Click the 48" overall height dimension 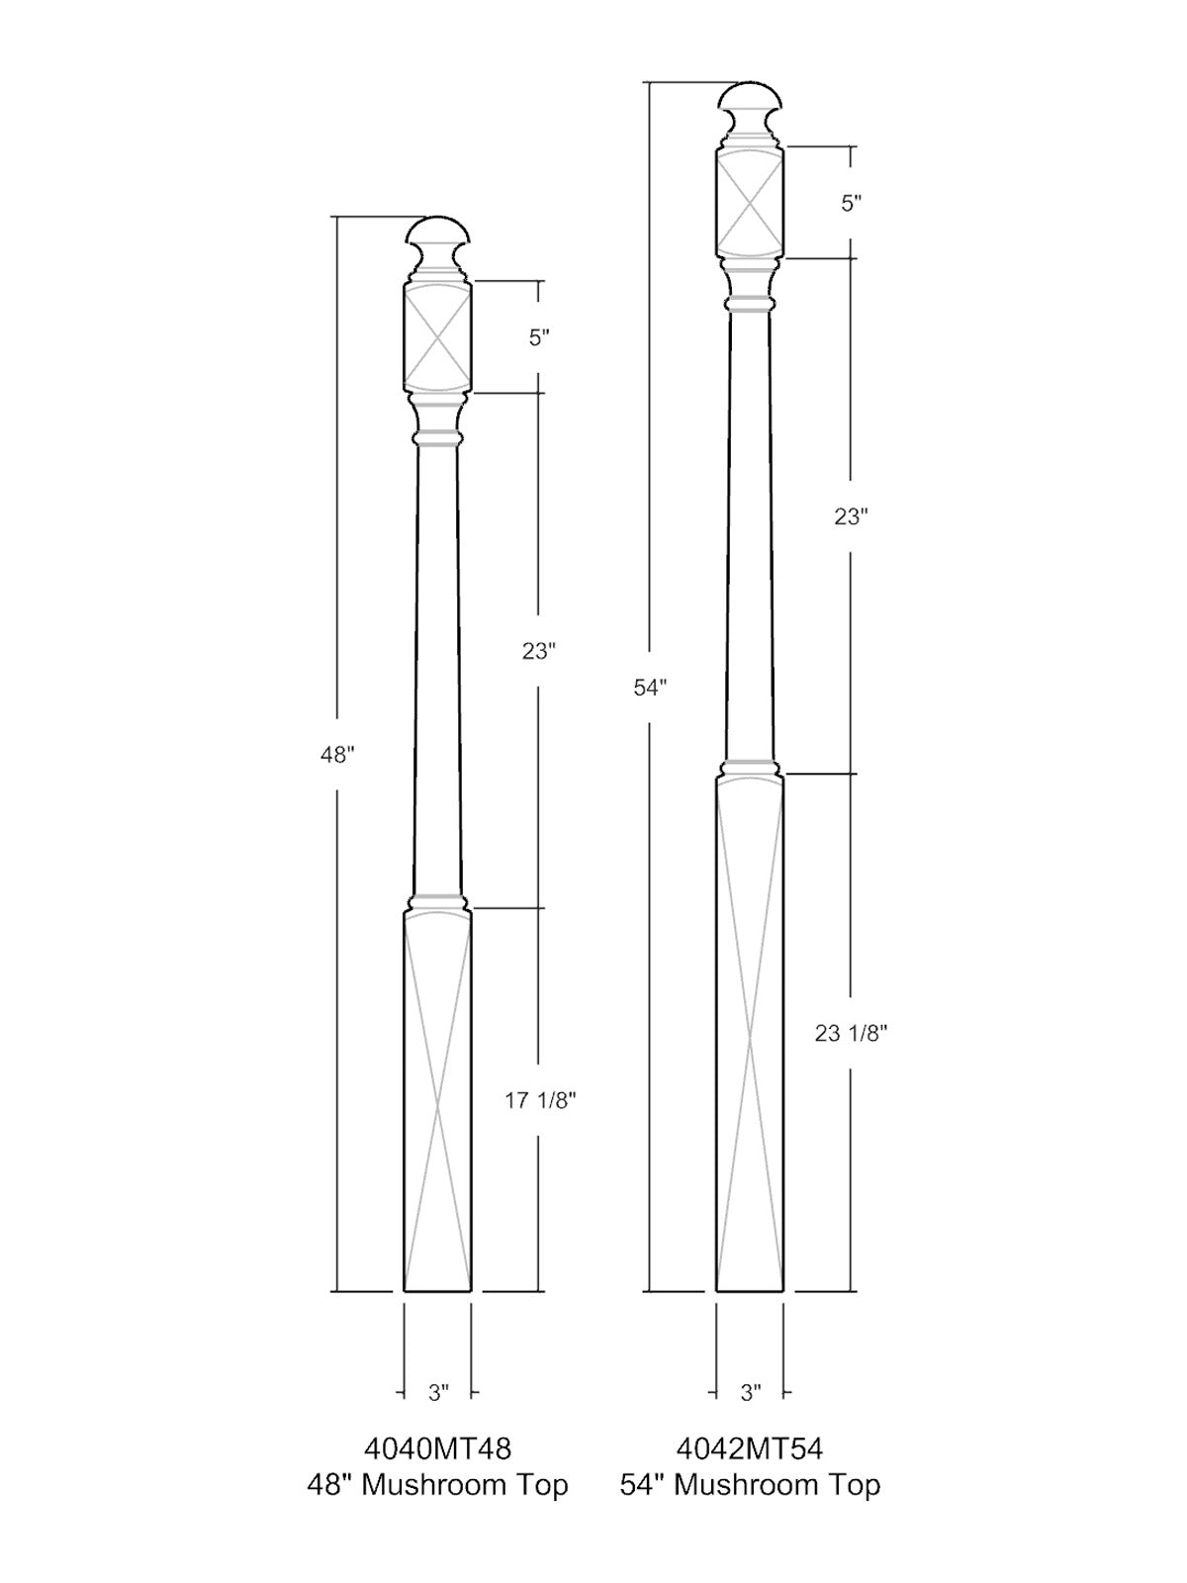coord(336,755)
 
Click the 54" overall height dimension coord(650,688)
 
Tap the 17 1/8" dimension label coord(540,1100)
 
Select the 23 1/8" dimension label coord(851,1033)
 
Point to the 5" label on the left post coord(539,337)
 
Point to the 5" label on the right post coord(852,204)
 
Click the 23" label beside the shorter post coord(539,651)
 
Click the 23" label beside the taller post coord(851,515)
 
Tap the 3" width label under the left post coord(438,1393)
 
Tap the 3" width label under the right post coord(751,1393)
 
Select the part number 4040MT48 coord(438,1448)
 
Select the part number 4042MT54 coord(750,1448)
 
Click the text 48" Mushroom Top coord(437,1485)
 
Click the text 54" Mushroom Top coord(750,1485)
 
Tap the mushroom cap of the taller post coord(750,99)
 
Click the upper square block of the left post coord(437,337)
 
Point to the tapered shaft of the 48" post coord(437,673)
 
